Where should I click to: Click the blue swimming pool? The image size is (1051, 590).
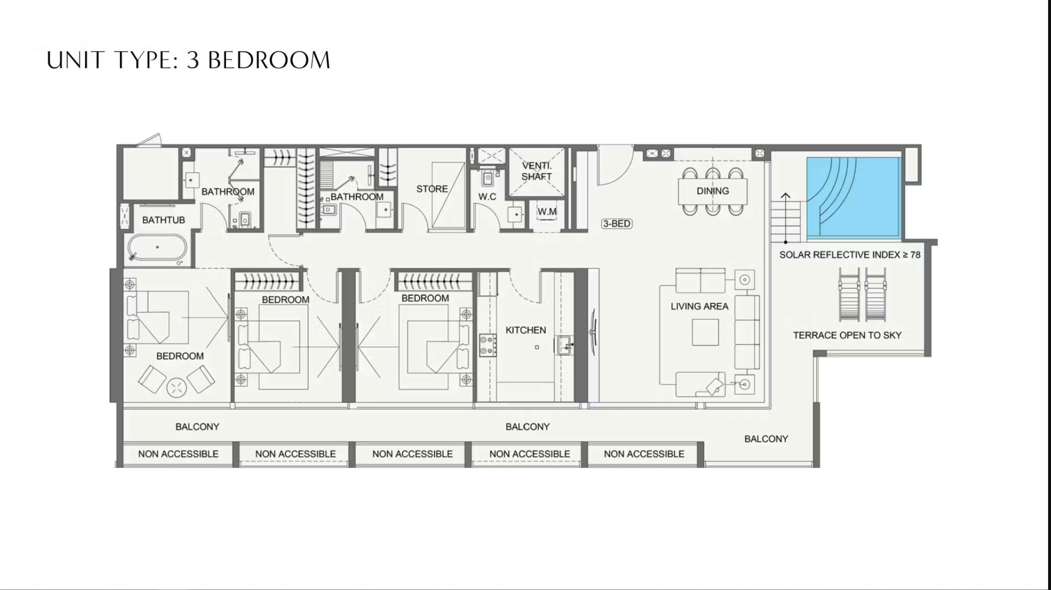(x=854, y=198)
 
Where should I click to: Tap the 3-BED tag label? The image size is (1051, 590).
(x=616, y=223)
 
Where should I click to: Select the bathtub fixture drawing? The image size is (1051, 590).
(x=157, y=247)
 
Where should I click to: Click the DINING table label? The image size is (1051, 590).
(x=712, y=191)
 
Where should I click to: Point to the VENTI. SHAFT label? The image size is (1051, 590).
(x=536, y=171)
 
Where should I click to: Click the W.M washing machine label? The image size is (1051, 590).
(x=547, y=212)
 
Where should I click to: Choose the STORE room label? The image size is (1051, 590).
(x=432, y=189)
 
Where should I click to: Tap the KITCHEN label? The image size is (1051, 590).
(x=525, y=330)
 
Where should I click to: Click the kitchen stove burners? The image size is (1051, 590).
(x=488, y=345)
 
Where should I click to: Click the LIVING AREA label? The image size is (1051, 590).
(x=699, y=306)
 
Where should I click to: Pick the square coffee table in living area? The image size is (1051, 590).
(x=705, y=332)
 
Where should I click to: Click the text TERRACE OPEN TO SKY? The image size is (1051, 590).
(x=847, y=335)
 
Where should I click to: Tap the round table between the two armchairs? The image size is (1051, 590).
(x=177, y=388)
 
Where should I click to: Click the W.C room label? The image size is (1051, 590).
(x=487, y=196)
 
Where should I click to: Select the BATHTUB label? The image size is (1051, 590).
(x=163, y=220)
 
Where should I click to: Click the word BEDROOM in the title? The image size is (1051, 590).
(x=269, y=60)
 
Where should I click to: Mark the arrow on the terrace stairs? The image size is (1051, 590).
(x=785, y=218)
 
